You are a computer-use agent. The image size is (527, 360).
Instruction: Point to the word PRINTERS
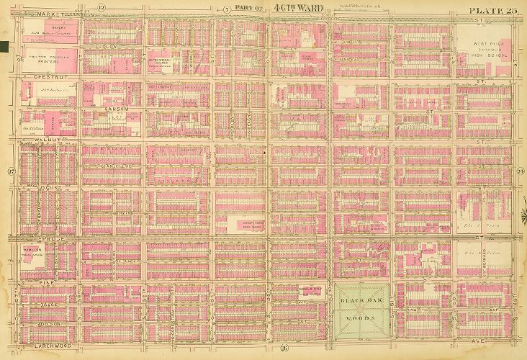coord(48,62)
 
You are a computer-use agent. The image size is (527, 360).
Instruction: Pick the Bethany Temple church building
coord(247,225)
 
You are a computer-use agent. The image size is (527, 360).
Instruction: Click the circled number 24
coord(519,171)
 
